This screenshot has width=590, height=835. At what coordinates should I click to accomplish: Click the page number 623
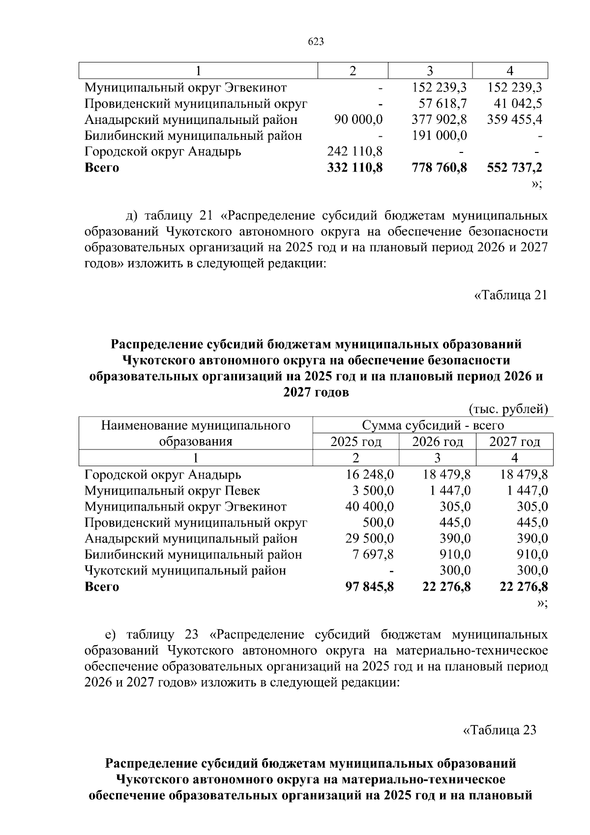pos(316,42)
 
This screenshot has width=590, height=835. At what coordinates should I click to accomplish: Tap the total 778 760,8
pos(439,168)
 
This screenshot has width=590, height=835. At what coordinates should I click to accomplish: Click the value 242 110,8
pos(355,151)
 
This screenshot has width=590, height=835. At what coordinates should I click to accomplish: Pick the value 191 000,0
pos(439,136)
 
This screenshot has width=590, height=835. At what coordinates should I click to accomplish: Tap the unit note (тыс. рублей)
pos(508,409)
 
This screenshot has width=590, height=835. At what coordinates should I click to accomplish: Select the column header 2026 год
pos(437,442)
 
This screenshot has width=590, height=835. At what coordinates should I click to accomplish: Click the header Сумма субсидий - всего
pos(433,425)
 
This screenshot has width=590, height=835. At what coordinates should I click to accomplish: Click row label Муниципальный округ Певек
pos(172,491)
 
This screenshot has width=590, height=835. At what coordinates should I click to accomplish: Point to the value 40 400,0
pos(369,507)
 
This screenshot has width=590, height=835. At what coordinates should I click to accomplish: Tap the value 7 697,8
pos(373,555)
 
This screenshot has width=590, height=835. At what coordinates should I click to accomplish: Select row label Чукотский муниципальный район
pos(185,571)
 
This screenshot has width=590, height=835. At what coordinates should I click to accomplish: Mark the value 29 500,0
pos(369,538)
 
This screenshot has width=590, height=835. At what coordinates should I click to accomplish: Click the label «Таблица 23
pos(500,730)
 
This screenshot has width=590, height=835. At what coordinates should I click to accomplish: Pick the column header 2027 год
pos(514,442)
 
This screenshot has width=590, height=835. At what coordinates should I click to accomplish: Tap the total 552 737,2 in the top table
pos(515,168)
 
